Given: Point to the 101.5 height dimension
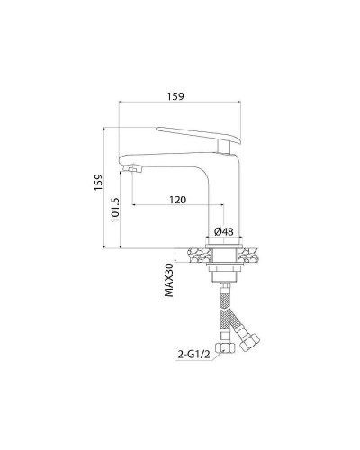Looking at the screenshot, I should (x=114, y=211).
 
